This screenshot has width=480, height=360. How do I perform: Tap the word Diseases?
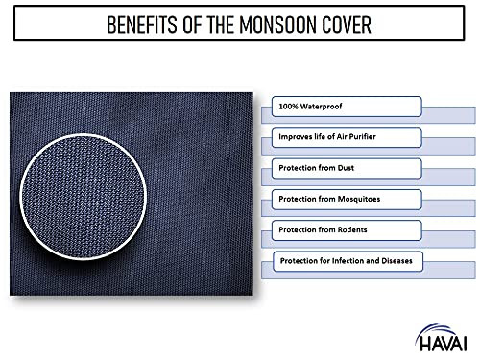click(x=401, y=262)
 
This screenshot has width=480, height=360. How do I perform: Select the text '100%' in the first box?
click(x=287, y=104)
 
